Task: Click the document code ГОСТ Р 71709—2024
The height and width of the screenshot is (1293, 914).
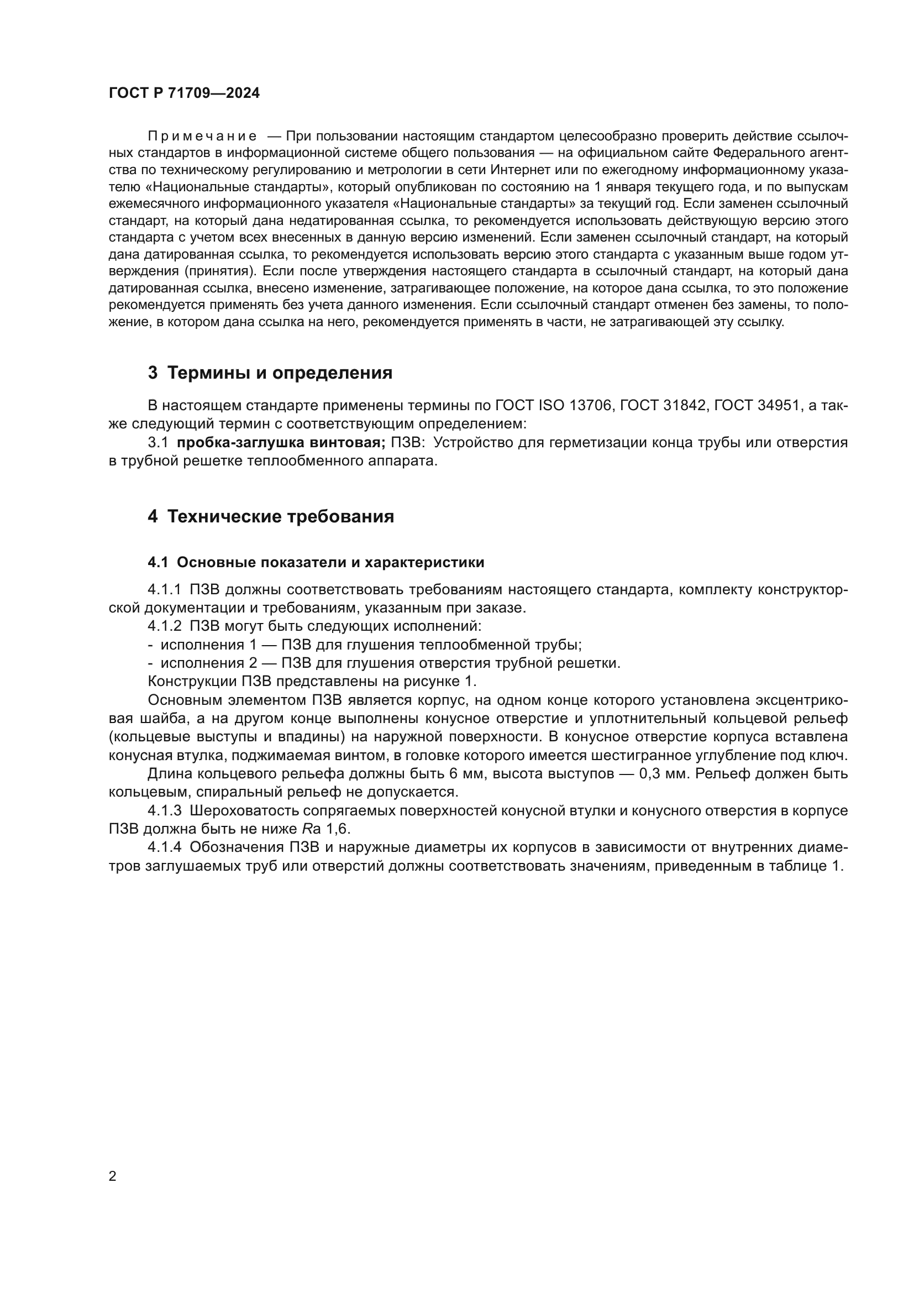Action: pyautogui.click(x=184, y=93)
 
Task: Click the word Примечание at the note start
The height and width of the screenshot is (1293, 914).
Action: pyautogui.click(x=202, y=137)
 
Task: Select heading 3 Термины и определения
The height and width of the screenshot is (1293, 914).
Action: pyautogui.click(x=270, y=373)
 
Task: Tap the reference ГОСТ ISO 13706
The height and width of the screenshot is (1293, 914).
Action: pyautogui.click(x=554, y=405)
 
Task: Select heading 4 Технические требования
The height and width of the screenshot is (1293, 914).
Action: pyautogui.click(x=271, y=516)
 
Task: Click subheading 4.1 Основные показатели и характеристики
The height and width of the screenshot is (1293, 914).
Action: pyautogui.click(x=316, y=563)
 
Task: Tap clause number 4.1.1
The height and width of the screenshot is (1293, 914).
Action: pyautogui.click(x=164, y=590)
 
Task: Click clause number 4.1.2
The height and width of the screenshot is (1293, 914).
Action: pyautogui.click(x=164, y=626)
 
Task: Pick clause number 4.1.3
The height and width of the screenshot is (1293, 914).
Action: pyautogui.click(x=164, y=811)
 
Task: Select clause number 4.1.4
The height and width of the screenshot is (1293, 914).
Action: pyautogui.click(x=164, y=847)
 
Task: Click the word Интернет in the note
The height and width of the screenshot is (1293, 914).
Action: pyautogui.click(x=516, y=171)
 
